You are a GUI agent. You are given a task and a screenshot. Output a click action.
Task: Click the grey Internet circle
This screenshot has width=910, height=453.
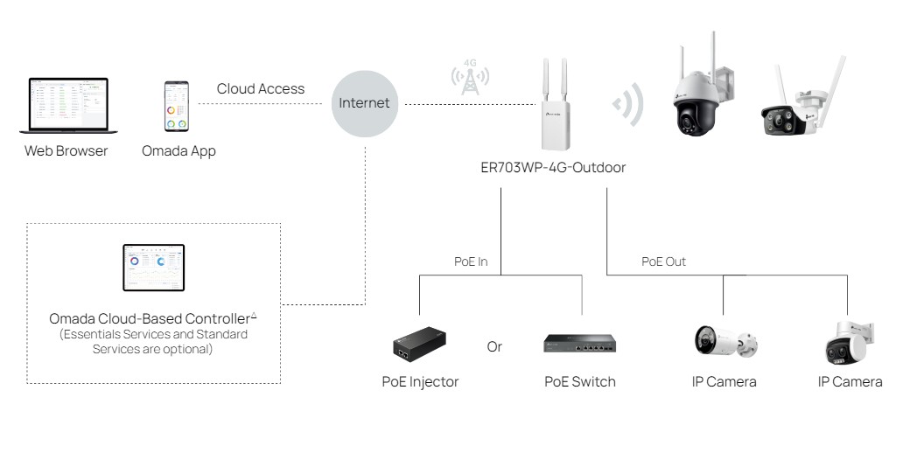tap(364, 104)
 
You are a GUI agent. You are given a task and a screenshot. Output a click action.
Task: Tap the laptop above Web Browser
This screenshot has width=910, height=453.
tap(66, 107)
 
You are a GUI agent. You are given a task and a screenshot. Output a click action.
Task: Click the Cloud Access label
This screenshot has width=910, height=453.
tap(261, 88)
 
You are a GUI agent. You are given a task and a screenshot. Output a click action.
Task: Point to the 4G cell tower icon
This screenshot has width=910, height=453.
tap(470, 78)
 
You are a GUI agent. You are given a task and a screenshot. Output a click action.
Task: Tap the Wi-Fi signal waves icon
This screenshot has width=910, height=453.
tap(629, 106)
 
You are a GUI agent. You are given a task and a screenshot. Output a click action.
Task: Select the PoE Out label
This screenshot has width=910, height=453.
tap(663, 261)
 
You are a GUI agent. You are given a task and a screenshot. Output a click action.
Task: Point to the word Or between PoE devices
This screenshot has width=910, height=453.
tap(494, 346)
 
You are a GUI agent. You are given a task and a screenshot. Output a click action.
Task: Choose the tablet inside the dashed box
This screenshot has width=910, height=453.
tap(153, 268)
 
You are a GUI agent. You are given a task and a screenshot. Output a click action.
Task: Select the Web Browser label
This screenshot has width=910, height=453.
tap(66, 151)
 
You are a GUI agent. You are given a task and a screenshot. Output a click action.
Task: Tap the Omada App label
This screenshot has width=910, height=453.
tap(178, 151)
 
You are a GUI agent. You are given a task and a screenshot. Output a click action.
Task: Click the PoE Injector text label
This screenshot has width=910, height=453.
tap(420, 381)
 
